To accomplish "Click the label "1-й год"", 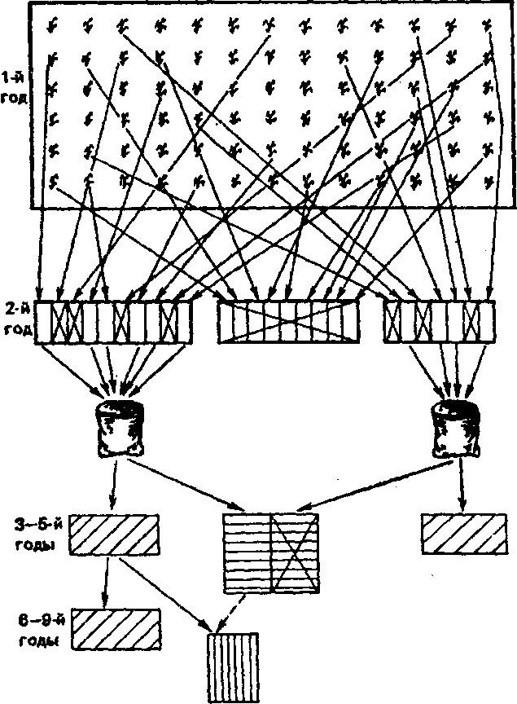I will pos(15,89).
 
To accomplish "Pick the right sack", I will pos(456,429).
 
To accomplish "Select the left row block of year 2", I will pos(122,319).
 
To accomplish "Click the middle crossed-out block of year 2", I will pos(288,321).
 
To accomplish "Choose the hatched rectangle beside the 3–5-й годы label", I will pos(114,535).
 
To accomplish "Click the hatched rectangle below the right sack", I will pos(461,535).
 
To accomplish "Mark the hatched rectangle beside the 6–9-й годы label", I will pos(114,629).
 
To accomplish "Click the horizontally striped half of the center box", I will pos(247,552).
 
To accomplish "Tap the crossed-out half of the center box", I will pos(295,552).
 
